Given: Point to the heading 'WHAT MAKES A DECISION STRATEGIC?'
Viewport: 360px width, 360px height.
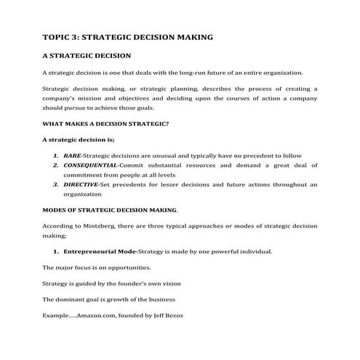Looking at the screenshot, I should tap(105, 124).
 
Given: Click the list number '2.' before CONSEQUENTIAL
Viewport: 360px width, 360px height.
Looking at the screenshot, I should tap(56, 166).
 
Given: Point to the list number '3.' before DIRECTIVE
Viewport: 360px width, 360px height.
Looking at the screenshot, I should tap(56, 185).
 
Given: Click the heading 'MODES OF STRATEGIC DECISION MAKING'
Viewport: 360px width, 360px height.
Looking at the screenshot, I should tap(110, 210).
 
